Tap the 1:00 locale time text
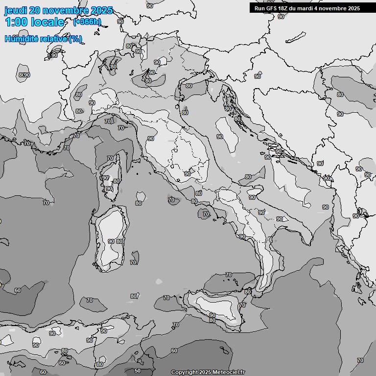click(x=34, y=22)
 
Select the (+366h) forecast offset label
click(x=87, y=22)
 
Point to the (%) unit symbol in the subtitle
click(x=75, y=39)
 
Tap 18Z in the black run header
click(x=282, y=8)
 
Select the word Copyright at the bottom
click(x=185, y=372)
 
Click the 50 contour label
click(x=138, y=371)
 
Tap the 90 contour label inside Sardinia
click(x=111, y=241)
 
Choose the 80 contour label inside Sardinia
click(x=119, y=241)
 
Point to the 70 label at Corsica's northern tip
click(x=110, y=158)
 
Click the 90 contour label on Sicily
click(x=212, y=315)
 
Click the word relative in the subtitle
click(x=52, y=39)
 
